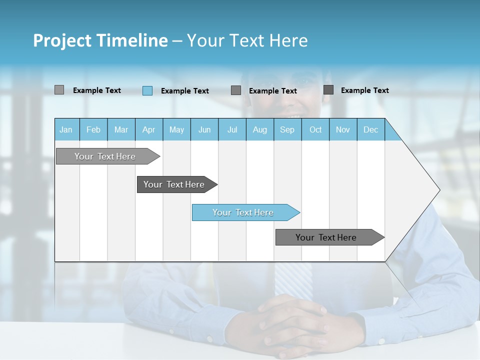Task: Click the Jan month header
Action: pos(66,129)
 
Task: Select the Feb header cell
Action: pos(93,129)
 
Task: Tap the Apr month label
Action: pos(148,129)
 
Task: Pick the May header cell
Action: pos(176,129)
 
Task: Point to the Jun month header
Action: pos(204,129)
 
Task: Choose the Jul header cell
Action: pos(232,129)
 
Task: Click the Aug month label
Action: pos(260,129)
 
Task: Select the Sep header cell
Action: pos(287,129)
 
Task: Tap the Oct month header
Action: pos(315,129)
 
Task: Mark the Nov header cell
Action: pos(343,129)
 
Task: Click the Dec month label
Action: pos(370,129)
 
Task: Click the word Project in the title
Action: pos(62,40)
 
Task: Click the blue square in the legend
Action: pos(147,90)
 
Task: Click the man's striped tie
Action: pos(292,280)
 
